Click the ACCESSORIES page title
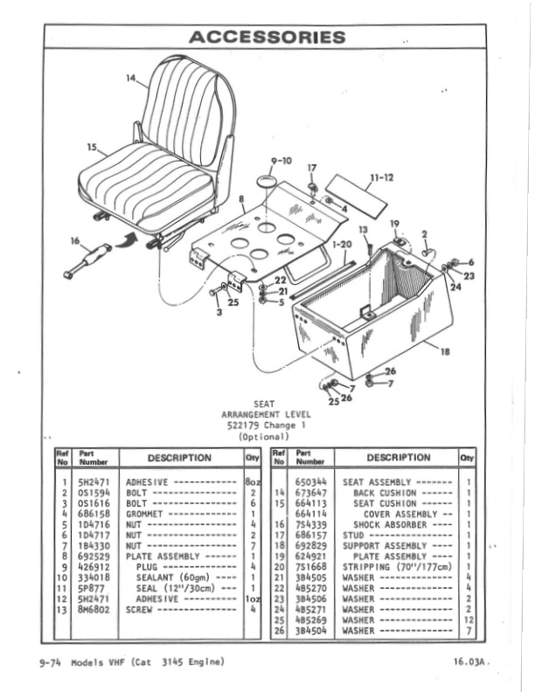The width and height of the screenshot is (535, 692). click(x=267, y=37)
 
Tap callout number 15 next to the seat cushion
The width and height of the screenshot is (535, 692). click(x=93, y=149)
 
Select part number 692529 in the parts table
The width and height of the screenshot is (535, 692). click(x=92, y=556)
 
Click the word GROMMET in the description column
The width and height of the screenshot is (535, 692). click(x=145, y=515)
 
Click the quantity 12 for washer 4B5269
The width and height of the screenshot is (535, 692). click(x=469, y=619)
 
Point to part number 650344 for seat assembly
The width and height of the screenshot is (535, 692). click(x=310, y=482)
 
